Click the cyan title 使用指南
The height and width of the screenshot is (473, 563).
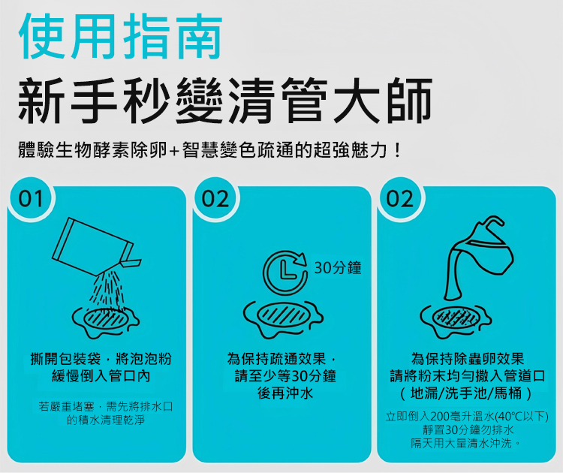coord(120,36)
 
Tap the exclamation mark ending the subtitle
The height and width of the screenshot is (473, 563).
coord(397,150)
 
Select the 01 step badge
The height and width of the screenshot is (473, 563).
coord(31,199)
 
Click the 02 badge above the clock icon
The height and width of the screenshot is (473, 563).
coord(215,199)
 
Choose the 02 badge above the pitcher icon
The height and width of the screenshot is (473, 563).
coord(400,199)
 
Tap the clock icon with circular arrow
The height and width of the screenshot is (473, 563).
coord(285,272)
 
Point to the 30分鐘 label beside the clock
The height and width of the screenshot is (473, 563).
coord(338,268)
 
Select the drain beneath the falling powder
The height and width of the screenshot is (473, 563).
coord(106,321)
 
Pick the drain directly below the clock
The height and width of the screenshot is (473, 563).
coord(283,318)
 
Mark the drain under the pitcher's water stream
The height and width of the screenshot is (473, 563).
coord(456,321)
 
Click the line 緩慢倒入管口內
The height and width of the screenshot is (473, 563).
coord(101,376)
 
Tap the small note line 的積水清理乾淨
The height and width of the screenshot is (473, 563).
coord(106,420)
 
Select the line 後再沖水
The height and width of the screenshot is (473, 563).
coord(285,393)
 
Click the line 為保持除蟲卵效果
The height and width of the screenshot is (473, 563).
coord(468,358)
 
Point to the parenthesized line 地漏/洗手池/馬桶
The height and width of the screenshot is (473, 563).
coord(466,393)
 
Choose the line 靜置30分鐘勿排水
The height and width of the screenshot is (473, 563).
coord(468,430)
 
